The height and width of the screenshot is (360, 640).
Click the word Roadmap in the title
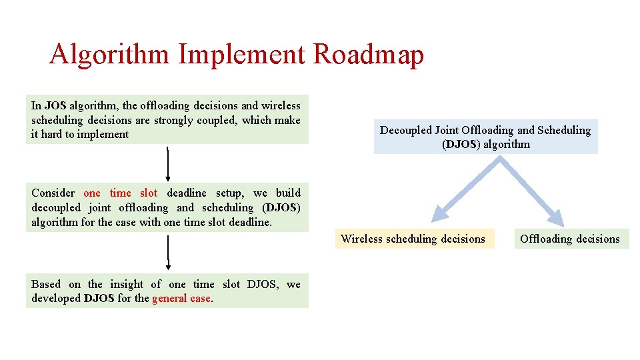click(x=368, y=55)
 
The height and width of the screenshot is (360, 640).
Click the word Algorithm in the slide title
click(x=109, y=55)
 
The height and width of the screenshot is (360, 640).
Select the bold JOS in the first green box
click(x=55, y=105)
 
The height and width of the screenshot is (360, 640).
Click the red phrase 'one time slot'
click(x=121, y=193)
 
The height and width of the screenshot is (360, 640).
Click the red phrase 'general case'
click(x=181, y=299)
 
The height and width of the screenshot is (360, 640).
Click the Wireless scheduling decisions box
click(x=413, y=239)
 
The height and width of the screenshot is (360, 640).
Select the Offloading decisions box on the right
click(x=570, y=239)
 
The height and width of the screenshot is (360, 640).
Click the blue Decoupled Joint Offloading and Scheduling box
click(x=485, y=137)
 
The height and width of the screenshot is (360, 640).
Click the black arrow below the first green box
click(x=168, y=164)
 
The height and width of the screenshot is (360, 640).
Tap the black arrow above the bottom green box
click(x=168, y=256)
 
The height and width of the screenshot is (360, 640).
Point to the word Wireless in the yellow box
click(x=361, y=239)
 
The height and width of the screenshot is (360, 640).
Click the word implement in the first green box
click(x=104, y=135)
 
